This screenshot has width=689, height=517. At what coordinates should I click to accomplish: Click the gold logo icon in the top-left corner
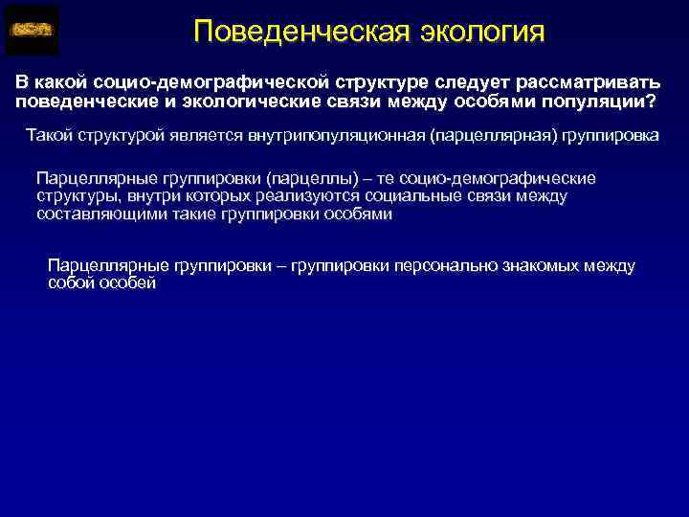click(33, 30)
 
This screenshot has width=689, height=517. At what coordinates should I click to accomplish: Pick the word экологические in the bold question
click(246, 101)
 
